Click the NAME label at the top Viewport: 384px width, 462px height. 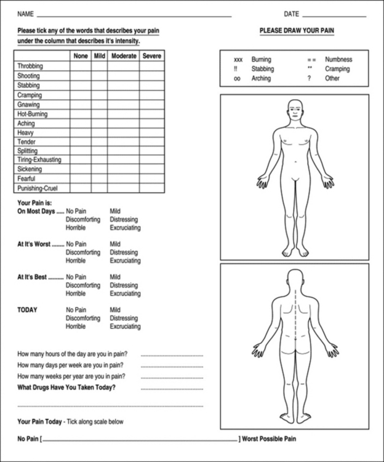tap(25, 14)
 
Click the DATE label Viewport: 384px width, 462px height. tap(291, 14)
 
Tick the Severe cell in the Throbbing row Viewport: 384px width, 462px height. tap(151, 66)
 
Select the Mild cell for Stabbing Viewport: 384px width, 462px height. tap(99, 86)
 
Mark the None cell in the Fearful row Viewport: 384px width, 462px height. tap(80, 179)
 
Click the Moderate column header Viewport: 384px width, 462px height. tap(123, 56)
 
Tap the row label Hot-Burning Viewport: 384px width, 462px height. tap(33, 114)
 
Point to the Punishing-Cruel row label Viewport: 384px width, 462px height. tap(38, 188)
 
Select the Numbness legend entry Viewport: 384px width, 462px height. tap(338, 60)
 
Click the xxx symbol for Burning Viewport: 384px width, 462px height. tap(238, 60)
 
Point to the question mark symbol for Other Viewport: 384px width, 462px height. tap(309, 79)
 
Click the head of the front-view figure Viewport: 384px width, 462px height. tap(295, 111)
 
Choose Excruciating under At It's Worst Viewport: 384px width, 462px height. tap(125, 261)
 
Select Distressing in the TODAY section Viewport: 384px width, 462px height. tap(124, 318)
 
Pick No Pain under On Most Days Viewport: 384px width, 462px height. tap(76, 211)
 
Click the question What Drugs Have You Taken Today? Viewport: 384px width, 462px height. tap(66, 387)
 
